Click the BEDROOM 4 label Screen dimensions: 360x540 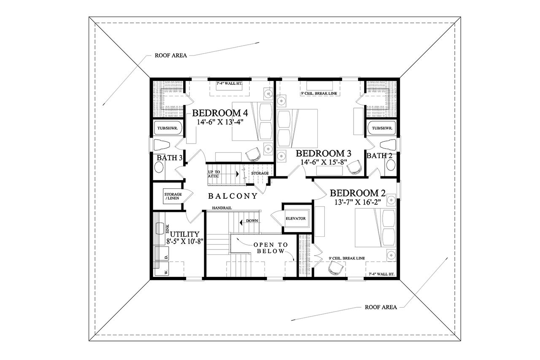(220, 113)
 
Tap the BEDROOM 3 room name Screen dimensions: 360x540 (324, 153)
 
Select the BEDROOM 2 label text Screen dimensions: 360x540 (357, 193)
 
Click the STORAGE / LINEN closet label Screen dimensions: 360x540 (173, 196)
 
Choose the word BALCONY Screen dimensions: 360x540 (233, 196)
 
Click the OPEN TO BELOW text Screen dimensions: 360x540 (271, 248)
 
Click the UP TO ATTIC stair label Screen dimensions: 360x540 (213, 174)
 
